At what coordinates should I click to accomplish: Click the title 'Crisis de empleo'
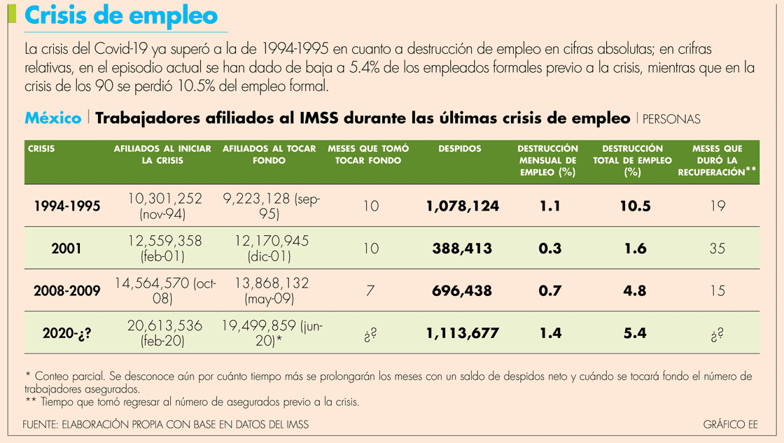click(120, 15)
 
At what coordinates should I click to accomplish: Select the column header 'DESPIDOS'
click(460, 149)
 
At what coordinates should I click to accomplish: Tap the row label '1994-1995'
click(68, 206)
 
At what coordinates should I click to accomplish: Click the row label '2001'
click(68, 248)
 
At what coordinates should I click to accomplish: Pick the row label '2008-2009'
click(68, 290)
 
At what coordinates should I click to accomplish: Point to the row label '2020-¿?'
click(68, 333)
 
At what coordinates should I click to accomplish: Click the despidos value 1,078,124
click(462, 206)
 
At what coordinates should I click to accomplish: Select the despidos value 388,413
click(462, 248)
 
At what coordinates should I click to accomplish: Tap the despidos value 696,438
click(462, 290)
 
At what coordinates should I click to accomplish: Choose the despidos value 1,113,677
click(462, 333)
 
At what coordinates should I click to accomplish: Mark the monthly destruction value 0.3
click(550, 248)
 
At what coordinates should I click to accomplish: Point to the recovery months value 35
click(717, 248)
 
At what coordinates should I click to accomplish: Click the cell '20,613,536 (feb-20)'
click(164, 333)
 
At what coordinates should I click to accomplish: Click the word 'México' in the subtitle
click(52, 118)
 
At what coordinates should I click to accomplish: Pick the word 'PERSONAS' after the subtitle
click(671, 120)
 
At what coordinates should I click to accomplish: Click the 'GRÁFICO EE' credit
click(731, 424)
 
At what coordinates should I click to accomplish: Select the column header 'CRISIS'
click(42, 149)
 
